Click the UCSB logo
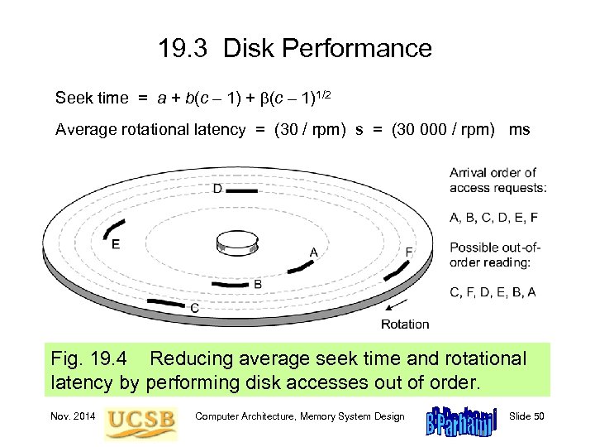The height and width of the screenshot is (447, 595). click(x=140, y=419)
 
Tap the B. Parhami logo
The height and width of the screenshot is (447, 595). click(x=459, y=421)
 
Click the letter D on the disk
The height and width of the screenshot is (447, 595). click(x=217, y=189)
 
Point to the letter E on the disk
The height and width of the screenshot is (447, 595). click(x=116, y=244)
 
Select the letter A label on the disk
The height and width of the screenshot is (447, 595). click(x=313, y=252)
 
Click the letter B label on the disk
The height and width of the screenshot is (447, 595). click(x=258, y=284)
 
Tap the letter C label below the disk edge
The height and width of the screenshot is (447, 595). click(x=193, y=307)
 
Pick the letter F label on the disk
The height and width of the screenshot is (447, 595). click(x=410, y=252)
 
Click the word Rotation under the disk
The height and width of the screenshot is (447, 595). click(x=405, y=324)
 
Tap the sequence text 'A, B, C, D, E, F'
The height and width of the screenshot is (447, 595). click(x=494, y=218)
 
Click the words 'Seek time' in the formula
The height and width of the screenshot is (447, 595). click(x=92, y=99)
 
